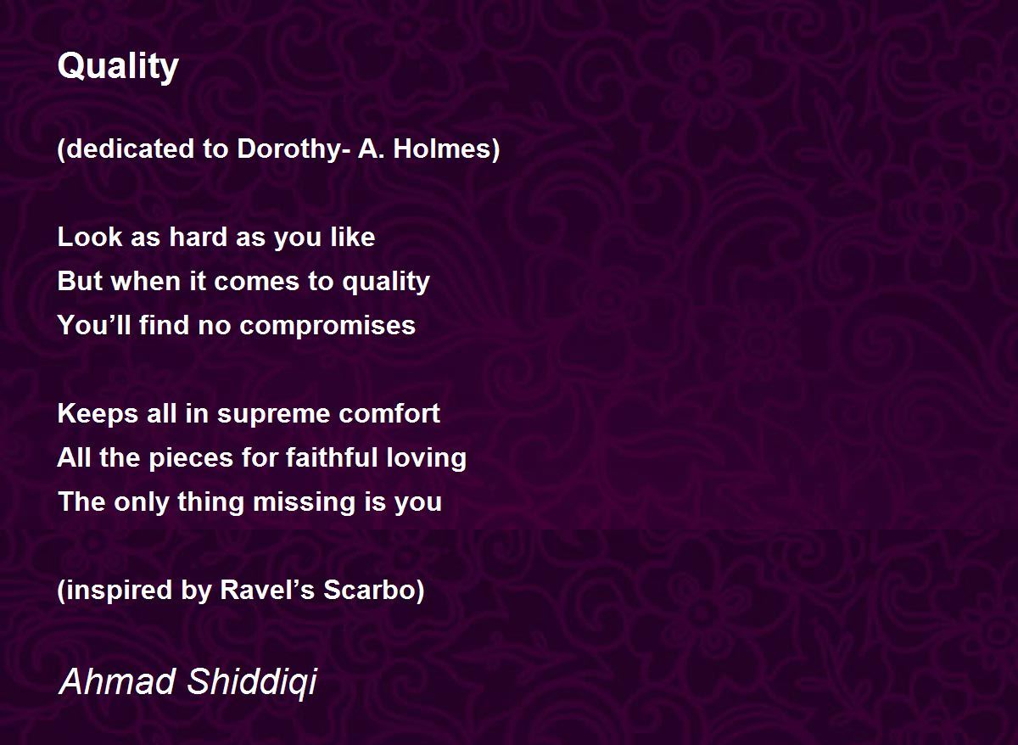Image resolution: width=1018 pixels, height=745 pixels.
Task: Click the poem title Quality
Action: tap(118, 67)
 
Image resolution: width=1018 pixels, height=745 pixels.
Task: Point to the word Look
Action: tap(90, 237)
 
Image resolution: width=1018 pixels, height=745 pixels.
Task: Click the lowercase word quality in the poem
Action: tap(386, 282)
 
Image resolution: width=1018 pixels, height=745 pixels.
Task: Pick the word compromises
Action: tap(327, 327)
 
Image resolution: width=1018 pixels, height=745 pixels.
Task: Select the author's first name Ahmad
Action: tap(117, 681)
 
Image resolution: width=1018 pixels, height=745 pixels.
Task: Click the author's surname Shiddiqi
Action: tap(252, 683)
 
